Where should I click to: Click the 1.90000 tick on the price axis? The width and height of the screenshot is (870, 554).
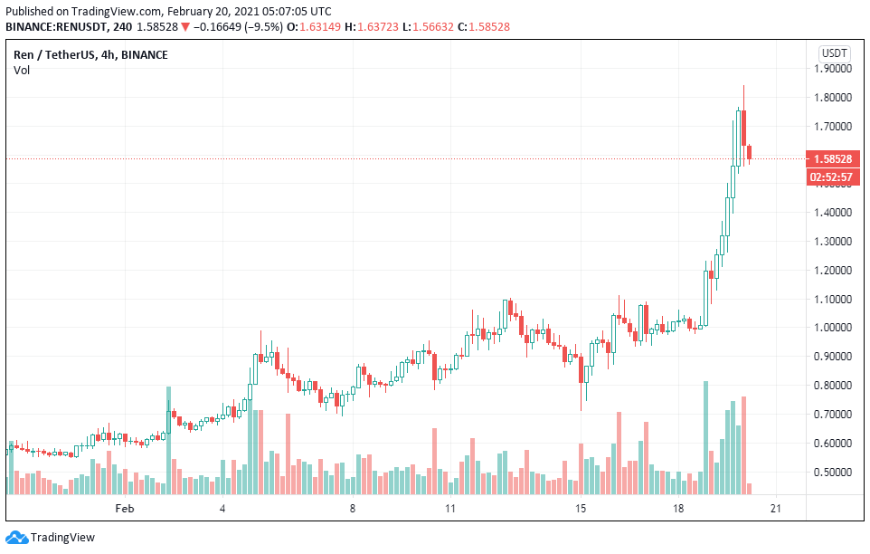point(834,68)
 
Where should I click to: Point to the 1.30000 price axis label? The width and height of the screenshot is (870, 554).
point(834,242)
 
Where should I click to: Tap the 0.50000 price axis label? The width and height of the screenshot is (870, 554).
point(834,473)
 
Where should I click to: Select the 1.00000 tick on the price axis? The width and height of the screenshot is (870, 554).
point(834,328)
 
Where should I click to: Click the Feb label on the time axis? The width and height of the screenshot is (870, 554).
point(125,510)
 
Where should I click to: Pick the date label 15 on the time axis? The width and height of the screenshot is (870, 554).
point(582,510)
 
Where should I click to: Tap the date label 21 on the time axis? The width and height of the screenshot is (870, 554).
point(774,510)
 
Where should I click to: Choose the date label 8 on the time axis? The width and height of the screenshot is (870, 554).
point(353,510)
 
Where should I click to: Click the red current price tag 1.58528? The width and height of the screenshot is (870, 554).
point(833,159)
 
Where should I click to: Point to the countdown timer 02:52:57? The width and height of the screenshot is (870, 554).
point(833,177)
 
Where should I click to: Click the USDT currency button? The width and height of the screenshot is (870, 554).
point(833,53)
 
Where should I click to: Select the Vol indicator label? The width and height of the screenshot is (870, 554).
point(21,71)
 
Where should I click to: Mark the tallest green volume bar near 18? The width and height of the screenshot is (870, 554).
point(705,438)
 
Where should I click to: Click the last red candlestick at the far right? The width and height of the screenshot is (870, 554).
point(750,155)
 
